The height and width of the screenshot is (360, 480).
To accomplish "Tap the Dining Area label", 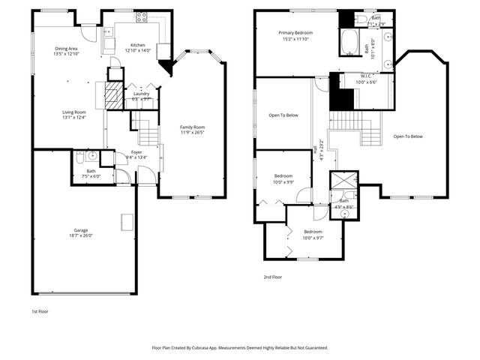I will coord(66,49).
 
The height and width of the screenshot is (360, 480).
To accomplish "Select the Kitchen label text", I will coord(137,45).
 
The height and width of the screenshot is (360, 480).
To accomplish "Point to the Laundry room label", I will coord(141,93).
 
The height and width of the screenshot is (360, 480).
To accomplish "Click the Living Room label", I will coord(74,112).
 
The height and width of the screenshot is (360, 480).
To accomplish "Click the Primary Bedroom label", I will coord(295,33).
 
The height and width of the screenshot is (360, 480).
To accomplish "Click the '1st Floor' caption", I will coord(40,310).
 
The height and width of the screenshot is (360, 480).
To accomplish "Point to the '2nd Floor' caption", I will coord(272,277).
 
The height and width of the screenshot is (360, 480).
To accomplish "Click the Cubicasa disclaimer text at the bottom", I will coord(240,347).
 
